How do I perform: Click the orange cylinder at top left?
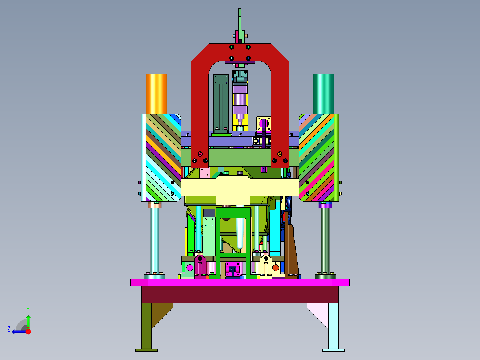coord(156,94)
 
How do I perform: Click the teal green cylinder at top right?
coord(324,94)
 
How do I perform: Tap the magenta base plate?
coord(240,282)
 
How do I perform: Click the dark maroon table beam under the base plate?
coord(240,295)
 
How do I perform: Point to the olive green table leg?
coord(146,327)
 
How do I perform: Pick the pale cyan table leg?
coord(334,327)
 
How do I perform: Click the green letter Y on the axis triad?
coord(28,310)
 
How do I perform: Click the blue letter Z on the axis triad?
coord(9,329)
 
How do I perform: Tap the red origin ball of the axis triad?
coord(28,331)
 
